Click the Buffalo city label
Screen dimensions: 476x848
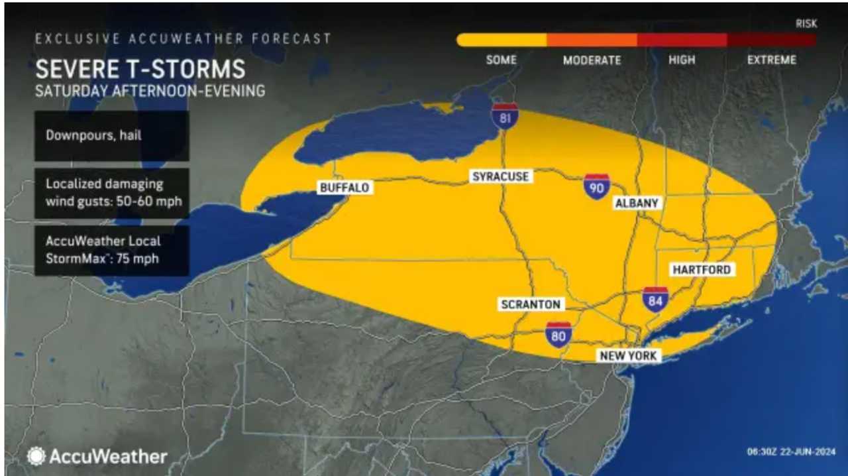(x=344, y=188)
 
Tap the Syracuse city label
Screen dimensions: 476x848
(x=500, y=176)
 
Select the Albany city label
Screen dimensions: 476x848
(x=637, y=204)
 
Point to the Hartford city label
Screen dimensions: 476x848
(x=701, y=270)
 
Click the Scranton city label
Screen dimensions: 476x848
(x=531, y=304)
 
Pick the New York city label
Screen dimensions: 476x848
(x=628, y=356)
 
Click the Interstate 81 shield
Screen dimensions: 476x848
(x=505, y=117)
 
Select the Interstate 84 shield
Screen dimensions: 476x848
(x=655, y=300)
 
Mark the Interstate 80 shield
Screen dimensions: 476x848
(x=558, y=335)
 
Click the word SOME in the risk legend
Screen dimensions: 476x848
(x=501, y=60)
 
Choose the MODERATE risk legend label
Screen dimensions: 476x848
(x=592, y=60)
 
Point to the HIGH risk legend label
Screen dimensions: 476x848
(x=682, y=60)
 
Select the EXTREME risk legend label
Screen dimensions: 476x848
(x=771, y=60)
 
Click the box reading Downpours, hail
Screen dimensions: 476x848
(x=112, y=136)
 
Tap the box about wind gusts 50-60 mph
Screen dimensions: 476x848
(x=112, y=192)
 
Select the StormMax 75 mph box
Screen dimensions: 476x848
(x=112, y=250)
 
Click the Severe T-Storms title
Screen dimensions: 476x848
(x=140, y=69)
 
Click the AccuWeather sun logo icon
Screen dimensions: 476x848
(x=36, y=456)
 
